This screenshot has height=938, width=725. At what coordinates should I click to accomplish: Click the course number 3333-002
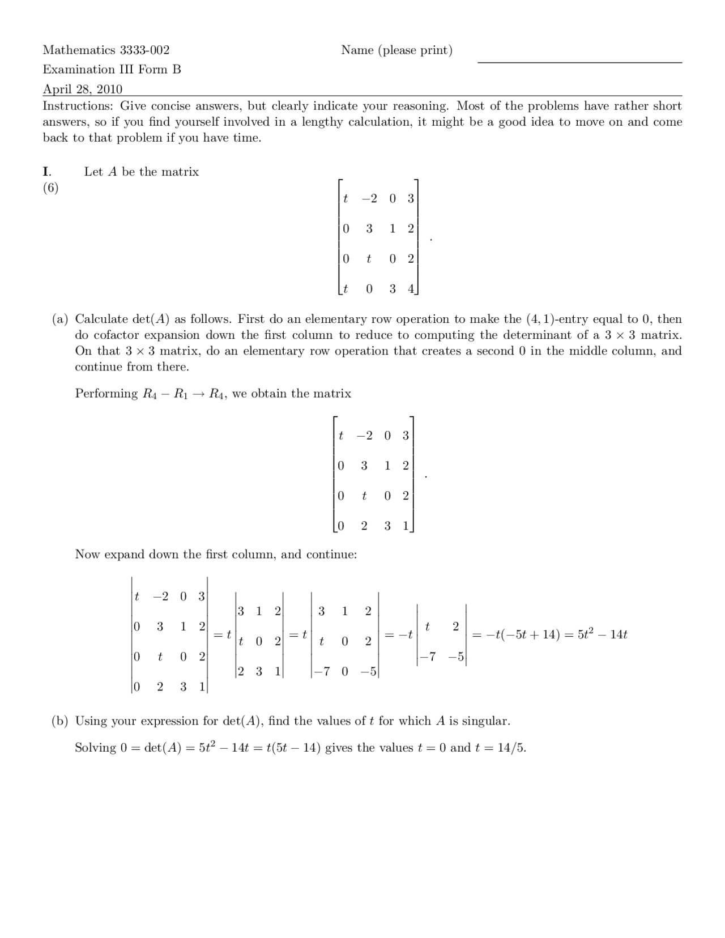tap(144, 50)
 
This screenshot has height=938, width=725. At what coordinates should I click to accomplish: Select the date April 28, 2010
tap(83, 89)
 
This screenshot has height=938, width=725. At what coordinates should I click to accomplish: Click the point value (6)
tap(51, 188)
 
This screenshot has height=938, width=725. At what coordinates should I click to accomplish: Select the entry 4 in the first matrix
tap(411, 289)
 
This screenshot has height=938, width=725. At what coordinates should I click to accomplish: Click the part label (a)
tap(61, 319)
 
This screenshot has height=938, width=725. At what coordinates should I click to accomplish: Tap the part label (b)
tap(61, 721)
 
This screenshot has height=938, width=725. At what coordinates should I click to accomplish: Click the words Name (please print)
tap(396, 50)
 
